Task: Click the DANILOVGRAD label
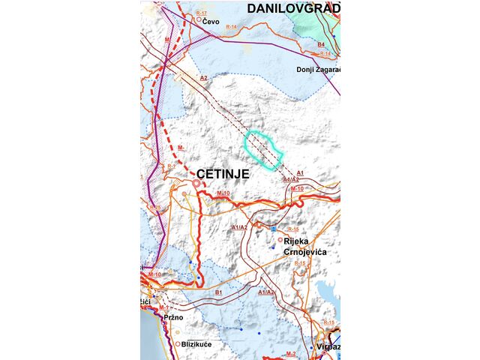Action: click(294, 8)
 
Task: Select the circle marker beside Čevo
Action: click(199, 20)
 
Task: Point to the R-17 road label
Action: click(201, 13)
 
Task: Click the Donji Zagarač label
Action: click(319, 70)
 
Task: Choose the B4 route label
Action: click(321, 46)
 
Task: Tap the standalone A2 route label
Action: click(203, 78)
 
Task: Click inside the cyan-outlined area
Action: click(264, 148)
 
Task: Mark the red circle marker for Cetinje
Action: click(196, 183)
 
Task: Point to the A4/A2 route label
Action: click(291, 180)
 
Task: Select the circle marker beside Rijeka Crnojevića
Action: click(280, 240)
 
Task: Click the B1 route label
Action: click(219, 292)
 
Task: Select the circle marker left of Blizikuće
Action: click(178, 344)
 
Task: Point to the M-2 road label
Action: click(292, 353)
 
